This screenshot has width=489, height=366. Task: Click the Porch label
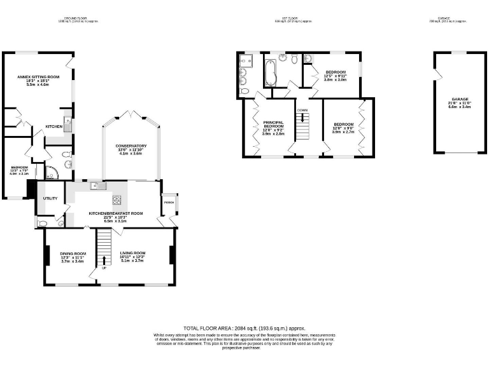[x=169, y=203]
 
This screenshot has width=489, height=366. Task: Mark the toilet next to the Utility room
[x=42, y=223]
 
